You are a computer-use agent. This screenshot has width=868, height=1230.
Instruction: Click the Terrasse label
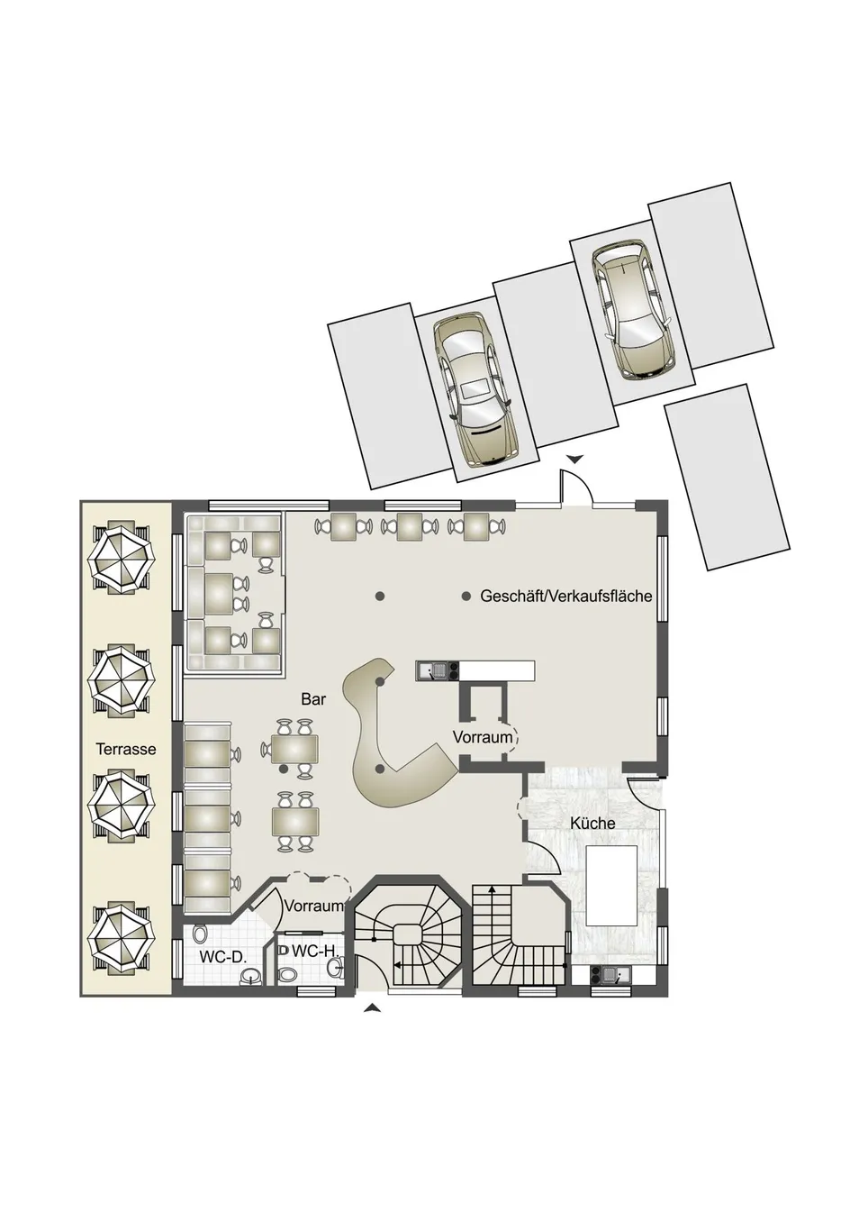click(x=126, y=749)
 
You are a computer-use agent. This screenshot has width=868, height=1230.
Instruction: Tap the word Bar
click(x=313, y=699)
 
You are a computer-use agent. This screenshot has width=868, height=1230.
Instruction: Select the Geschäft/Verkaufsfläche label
click(x=566, y=596)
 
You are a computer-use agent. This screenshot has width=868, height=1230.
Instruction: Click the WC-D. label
click(x=222, y=957)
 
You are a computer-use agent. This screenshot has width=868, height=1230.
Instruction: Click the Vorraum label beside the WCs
click(x=314, y=922)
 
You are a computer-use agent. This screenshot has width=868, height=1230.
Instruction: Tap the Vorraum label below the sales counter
click(x=483, y=737)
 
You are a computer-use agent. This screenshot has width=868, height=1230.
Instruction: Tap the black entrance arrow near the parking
click(x=574, y=459)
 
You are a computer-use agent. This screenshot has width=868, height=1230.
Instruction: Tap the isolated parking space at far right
click(x=727, y=477)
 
